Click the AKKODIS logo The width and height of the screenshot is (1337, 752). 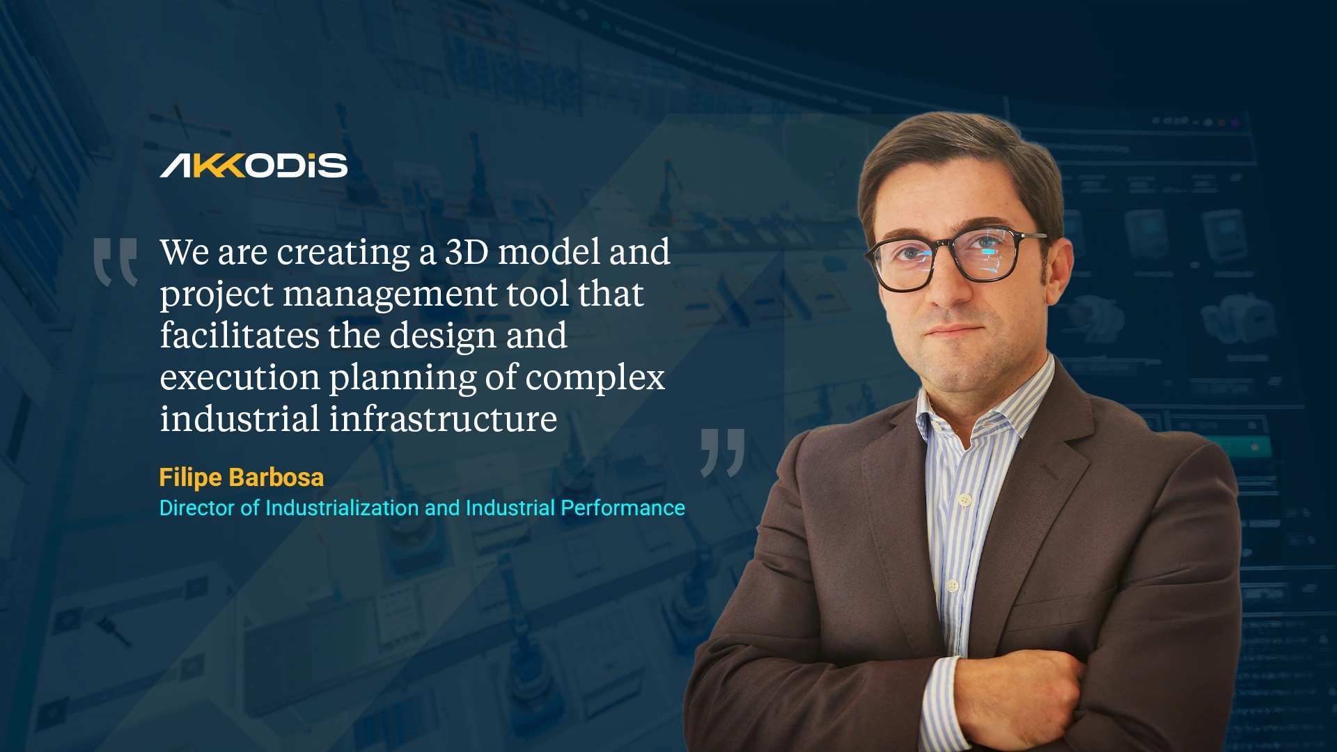253,166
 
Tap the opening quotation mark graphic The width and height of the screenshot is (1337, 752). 116,262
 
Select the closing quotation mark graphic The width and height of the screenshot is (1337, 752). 723,453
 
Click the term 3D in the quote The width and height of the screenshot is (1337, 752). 467,251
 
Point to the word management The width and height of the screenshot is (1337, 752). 389,294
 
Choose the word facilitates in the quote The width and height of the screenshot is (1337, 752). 239,336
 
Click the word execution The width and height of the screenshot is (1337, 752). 240,377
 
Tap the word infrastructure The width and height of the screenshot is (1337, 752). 443,419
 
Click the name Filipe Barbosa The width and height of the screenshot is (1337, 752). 241,478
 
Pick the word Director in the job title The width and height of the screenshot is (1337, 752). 197,508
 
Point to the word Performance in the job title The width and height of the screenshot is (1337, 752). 623,508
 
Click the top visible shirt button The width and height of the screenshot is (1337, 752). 964,499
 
